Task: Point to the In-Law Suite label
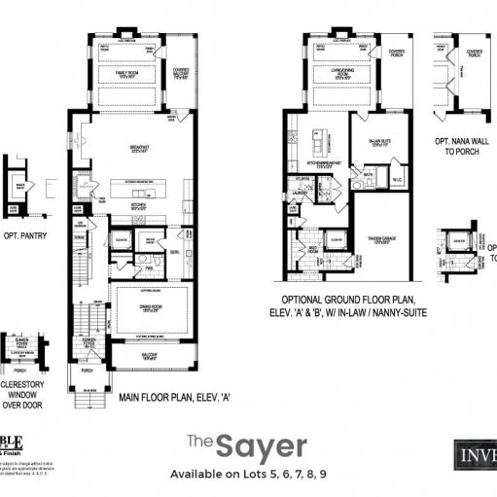pyautogui.click(x=380, y=142)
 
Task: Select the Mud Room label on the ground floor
pyautogui.click(x=314, y=248)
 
